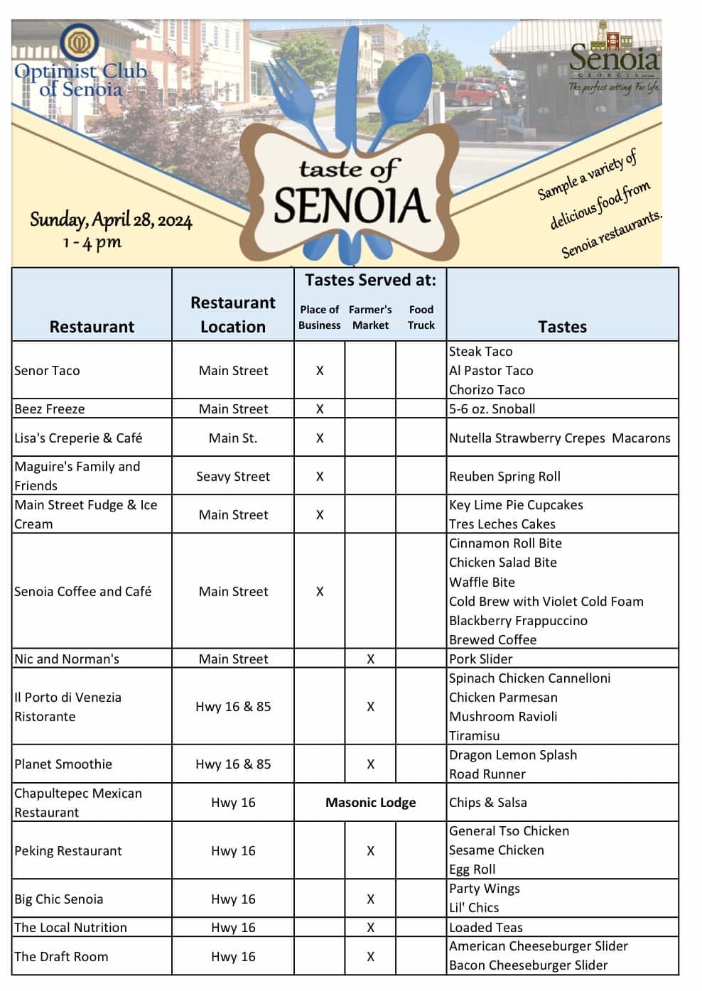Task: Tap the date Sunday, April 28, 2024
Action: pyautogui.click(x=111, y=220)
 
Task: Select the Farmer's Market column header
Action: pyautogui.click(x=370, y=318)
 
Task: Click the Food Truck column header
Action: pyautogui.click(x=421, y=318)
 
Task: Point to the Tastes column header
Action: pyautogui.click(x=562, y=327)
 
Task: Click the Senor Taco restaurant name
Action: pyautogui.click(x=47, y=370)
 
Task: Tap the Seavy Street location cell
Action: pyautogui.click(x=233, y=476)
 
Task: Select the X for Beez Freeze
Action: pyautogui.click(x=320, y=409)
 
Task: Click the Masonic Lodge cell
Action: pyautogui.click(x=370, y=803)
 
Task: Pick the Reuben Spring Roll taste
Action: pyautogui.click(x=504, y=476)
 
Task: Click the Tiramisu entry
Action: pyautogui.click(x=474, y=736)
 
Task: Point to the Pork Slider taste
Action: pyautogui.click(x=480, y=659)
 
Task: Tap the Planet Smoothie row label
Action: pyautogui.click(x=63, y=764)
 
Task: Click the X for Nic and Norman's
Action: pyautogui.click(x=370, y=659)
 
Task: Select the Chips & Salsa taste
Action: pyautogui.click(x=487, y=803)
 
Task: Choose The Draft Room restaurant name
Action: pyautogui.click(x=61, y=956)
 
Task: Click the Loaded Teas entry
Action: pyautogui.click(x=485, y=927)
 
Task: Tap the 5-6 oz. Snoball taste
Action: pyautogui.click(x=492, y=408)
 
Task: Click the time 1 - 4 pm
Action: pyautogui.click(x=92, y=242)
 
